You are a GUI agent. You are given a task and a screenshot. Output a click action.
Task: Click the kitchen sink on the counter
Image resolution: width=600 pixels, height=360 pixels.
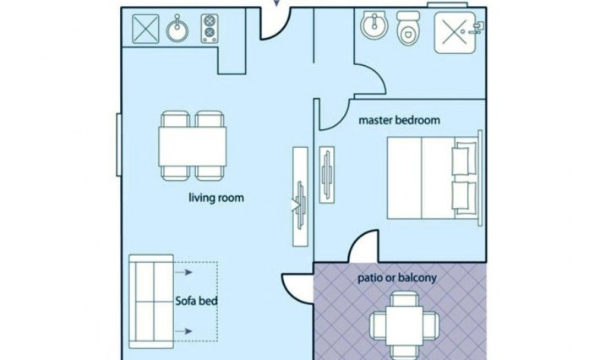(177, 30)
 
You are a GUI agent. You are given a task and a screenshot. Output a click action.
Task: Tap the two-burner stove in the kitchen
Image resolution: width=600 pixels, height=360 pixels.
(210, 29)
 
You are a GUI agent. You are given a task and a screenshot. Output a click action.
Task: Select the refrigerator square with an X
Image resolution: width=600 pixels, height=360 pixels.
(145, 29)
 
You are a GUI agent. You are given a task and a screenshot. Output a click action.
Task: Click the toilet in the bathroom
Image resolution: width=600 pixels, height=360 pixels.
(408, 28)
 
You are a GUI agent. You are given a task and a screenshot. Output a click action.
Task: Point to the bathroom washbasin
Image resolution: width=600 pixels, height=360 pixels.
(374, 25)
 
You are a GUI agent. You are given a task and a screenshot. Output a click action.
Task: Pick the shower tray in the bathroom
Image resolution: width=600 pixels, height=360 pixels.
(455, 32)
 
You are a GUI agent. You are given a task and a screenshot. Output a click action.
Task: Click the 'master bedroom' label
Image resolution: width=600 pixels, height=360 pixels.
(399, 120)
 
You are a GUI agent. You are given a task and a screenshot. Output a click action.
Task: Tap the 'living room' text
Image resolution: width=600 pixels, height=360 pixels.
(216, 198)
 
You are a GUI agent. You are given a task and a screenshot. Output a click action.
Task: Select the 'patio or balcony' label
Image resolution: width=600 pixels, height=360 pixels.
(397, 278)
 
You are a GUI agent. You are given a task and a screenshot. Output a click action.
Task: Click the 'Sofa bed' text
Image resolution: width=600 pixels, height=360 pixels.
(196, 301)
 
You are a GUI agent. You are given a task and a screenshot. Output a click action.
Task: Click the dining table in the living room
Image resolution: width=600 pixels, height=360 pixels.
(192, 146)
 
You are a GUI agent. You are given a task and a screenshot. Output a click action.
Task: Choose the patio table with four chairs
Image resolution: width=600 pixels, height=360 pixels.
(405, 325)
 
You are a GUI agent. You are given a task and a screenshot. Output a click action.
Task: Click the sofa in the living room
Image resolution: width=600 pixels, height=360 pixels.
(151, 302)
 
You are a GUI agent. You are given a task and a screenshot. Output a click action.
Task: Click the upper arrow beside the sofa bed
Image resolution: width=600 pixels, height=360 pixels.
(183, 272)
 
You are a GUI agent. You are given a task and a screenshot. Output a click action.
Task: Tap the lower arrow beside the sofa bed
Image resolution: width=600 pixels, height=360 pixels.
(183, 331)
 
